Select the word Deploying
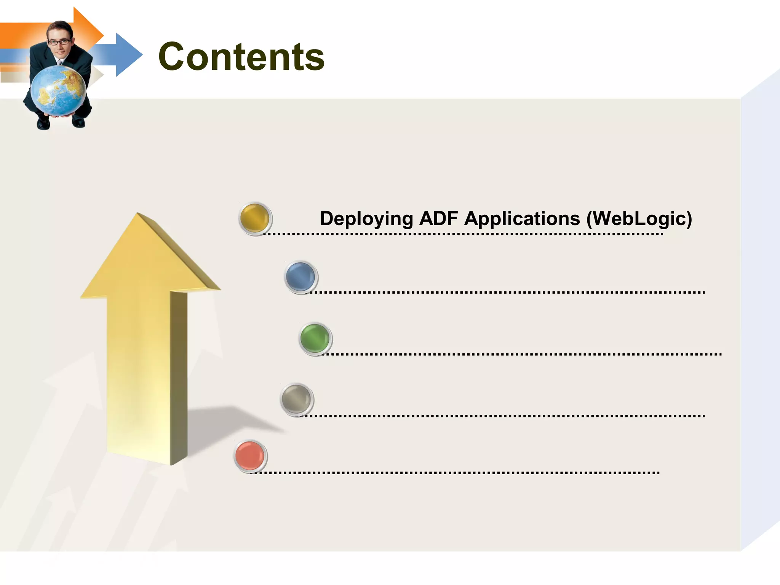click(366, 219)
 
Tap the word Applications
click(522, 219)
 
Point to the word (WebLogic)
click(639, 219)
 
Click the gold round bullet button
click(255, 218)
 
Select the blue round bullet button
click(300, 277)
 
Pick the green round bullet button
click(315, 338)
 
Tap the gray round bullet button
click(296, 399)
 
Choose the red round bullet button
click(250, 456)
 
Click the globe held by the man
click(58, 91)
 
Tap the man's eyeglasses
click(59, 42)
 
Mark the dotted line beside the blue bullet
click(507, 292)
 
